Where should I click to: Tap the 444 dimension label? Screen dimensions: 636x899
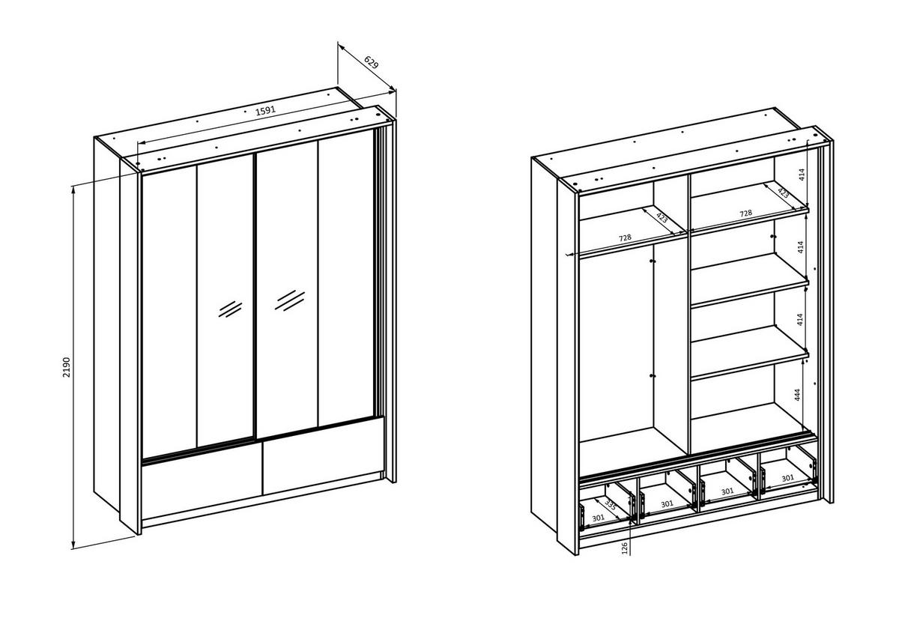799,396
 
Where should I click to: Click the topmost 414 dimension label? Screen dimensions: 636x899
802,174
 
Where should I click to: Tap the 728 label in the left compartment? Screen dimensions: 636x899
625,237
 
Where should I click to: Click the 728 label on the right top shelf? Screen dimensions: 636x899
745,213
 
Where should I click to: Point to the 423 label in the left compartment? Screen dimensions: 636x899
662,218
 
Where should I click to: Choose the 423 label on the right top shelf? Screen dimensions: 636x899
783,193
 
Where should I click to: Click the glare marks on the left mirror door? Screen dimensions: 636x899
230,308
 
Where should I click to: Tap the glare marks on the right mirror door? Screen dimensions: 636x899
290,300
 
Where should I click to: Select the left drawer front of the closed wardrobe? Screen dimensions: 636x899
202,485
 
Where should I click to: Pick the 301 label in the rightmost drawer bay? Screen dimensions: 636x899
787,478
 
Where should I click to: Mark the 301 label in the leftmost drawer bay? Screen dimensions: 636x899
598,518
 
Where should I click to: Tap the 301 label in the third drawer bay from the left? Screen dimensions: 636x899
727,491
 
